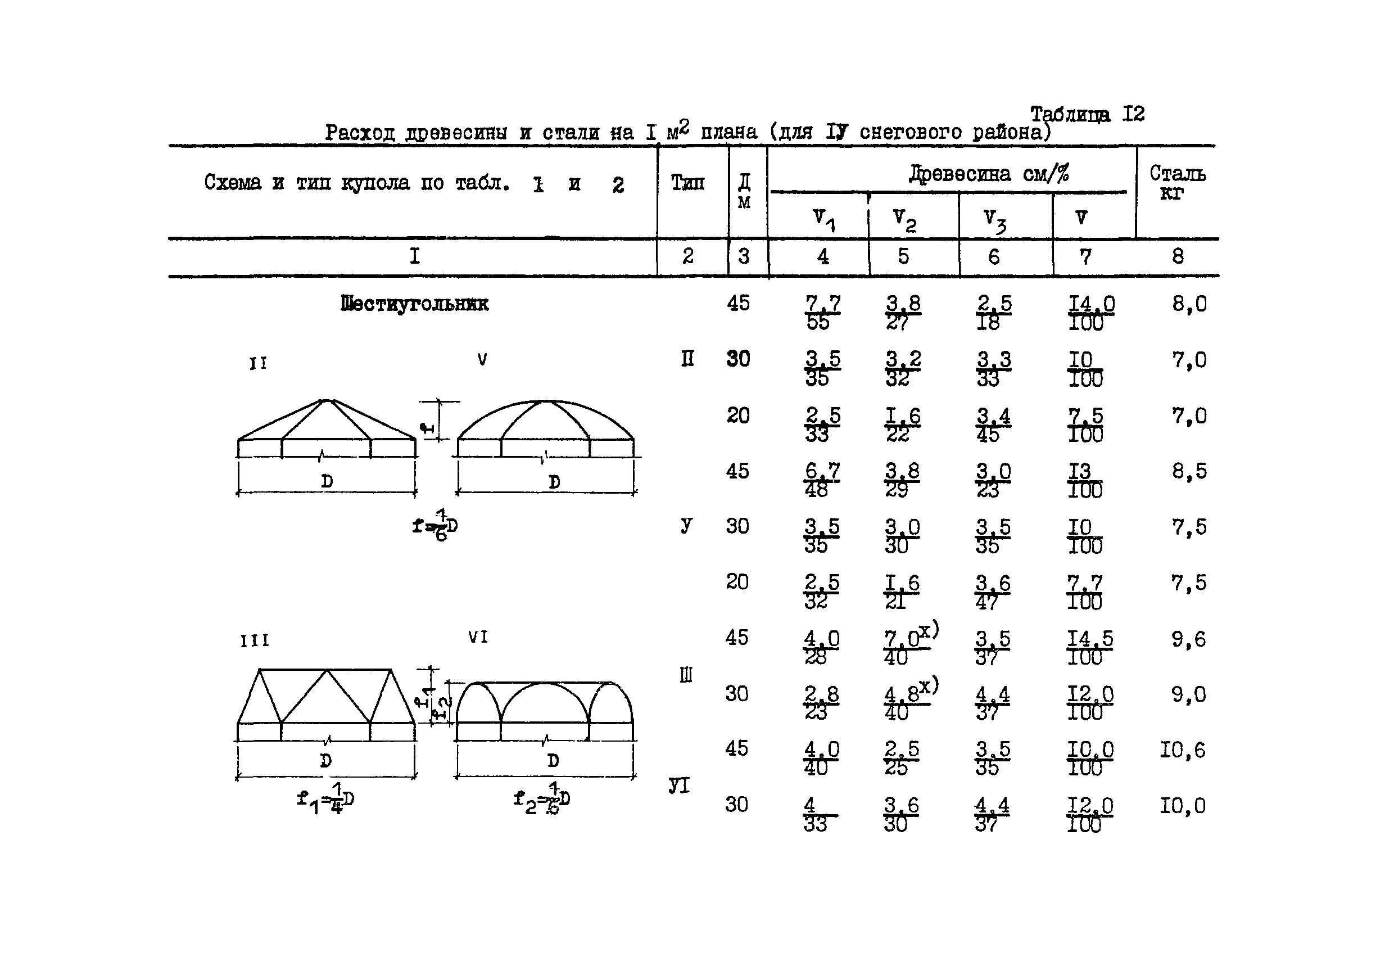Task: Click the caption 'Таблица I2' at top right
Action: point(1087,114)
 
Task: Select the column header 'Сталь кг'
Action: point(1177,182)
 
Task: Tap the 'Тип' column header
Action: point(687,182)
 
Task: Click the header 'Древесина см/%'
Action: point(989,174)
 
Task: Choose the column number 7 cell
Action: point(1085,257)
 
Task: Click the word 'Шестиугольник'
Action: point(414,304)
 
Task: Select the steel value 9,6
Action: point(1188,640)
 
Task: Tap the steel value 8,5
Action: point(1189,472)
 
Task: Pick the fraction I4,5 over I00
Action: point(1089,648)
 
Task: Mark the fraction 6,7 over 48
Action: point(821,480)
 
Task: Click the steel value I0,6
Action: point(1182,750)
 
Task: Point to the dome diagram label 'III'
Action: point(255,641)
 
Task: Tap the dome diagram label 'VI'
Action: point(478,637)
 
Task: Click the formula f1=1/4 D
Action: point(325,799)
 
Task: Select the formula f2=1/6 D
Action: point(542,799)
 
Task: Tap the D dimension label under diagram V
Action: point(554,482)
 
